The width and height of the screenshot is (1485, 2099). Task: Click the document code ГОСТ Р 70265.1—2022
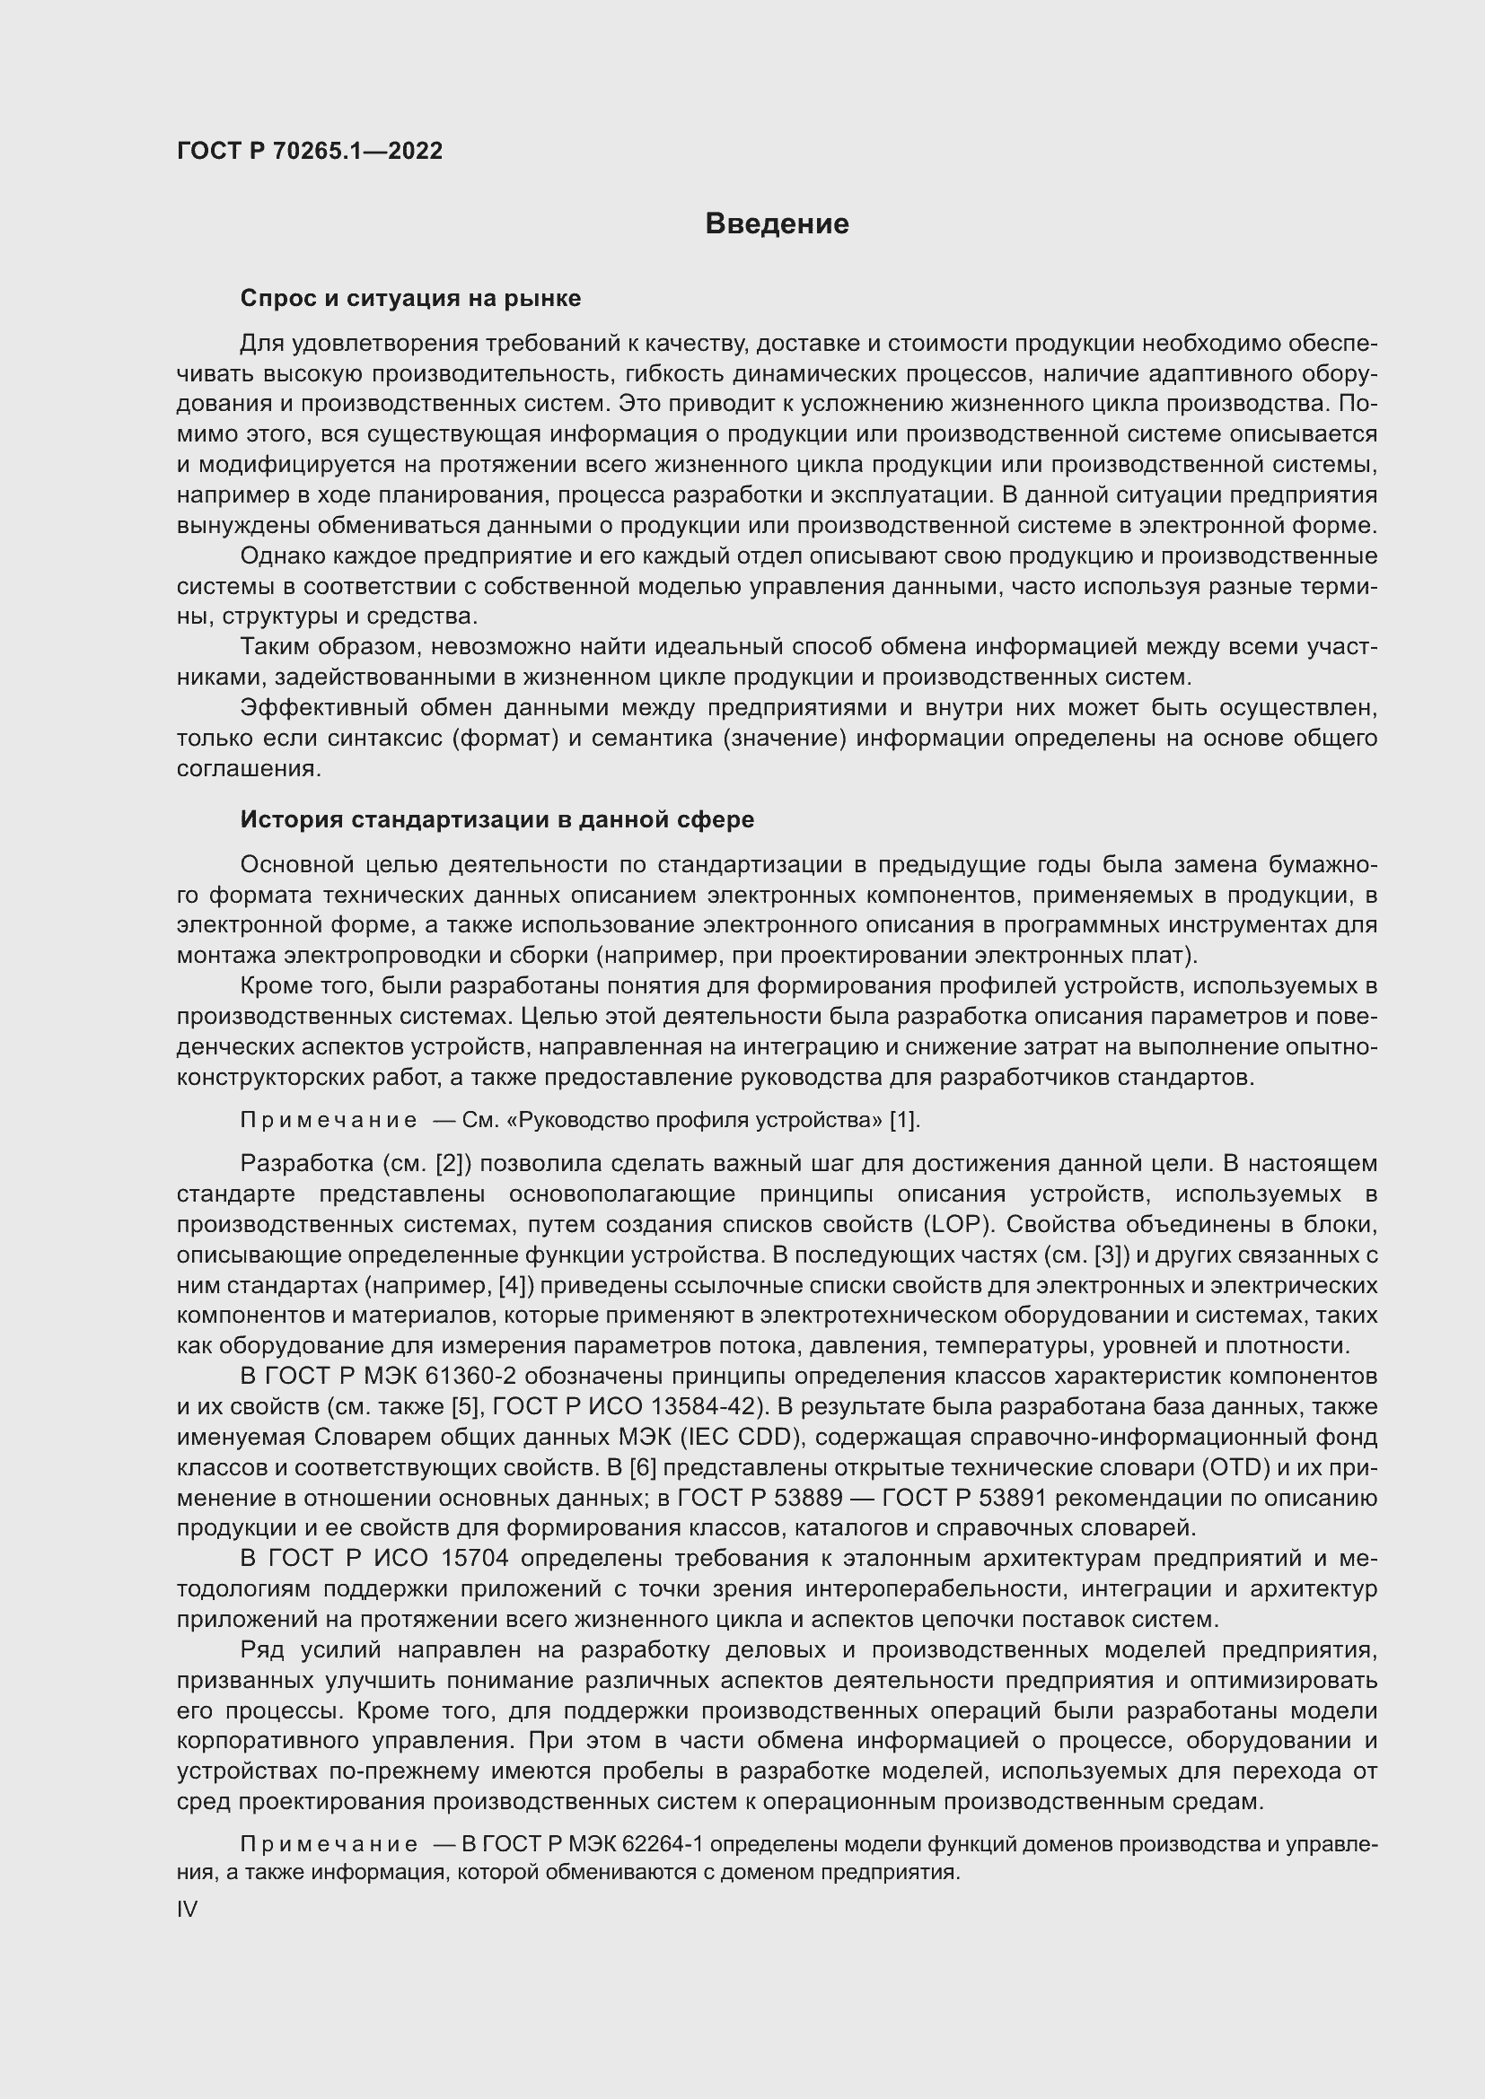(x=309, y=151)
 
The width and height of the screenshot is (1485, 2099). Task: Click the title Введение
(x=777, y=224)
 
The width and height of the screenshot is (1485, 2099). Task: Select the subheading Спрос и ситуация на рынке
(x=409, y=298)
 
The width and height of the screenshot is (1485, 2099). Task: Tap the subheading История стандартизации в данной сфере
(x=496, y=819)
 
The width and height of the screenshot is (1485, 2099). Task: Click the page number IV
(x=187, y=1909)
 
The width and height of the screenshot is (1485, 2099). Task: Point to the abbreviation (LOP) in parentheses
(x=956, y=1224)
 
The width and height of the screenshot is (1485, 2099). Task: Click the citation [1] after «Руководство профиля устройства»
(x=903, y=1120)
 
